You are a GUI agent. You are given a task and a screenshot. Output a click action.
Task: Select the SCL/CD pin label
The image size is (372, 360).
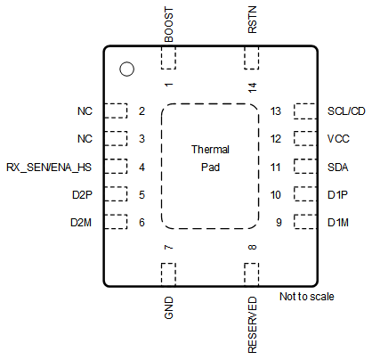(346, 111)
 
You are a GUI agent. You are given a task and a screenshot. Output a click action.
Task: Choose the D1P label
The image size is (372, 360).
(337, 194)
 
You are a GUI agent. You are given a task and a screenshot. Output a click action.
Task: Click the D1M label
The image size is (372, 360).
(337, 222)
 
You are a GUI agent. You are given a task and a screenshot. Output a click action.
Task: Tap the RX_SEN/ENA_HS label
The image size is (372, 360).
(49, 167)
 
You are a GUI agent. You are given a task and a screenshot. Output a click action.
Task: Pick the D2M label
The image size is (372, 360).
(83, 222)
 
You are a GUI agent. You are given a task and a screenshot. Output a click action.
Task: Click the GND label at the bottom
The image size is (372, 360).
(168, 308)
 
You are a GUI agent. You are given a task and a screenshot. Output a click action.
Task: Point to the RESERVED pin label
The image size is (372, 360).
(252, 325)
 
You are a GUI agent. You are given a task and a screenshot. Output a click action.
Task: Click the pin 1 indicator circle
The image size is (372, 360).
(126, 69)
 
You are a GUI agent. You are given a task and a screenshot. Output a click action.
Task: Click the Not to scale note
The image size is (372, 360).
(306, 297)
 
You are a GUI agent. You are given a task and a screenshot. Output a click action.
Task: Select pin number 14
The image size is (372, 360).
(252, 86)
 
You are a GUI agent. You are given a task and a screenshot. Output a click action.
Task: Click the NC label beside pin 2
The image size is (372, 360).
(85, 111)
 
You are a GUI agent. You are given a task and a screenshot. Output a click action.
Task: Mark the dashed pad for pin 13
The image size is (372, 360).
(303, 111)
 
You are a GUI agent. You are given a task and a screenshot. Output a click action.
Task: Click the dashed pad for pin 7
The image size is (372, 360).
(168, 274)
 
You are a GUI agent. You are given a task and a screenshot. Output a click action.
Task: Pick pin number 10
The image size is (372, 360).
(276, 194)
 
